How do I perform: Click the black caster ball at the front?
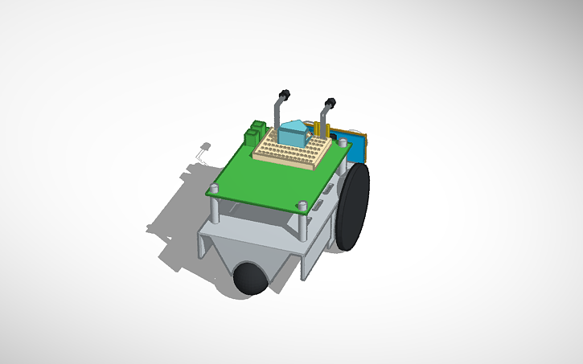[251, 277]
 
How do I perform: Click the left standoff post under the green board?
[216, 211]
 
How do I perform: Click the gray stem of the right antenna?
[324, 117]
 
